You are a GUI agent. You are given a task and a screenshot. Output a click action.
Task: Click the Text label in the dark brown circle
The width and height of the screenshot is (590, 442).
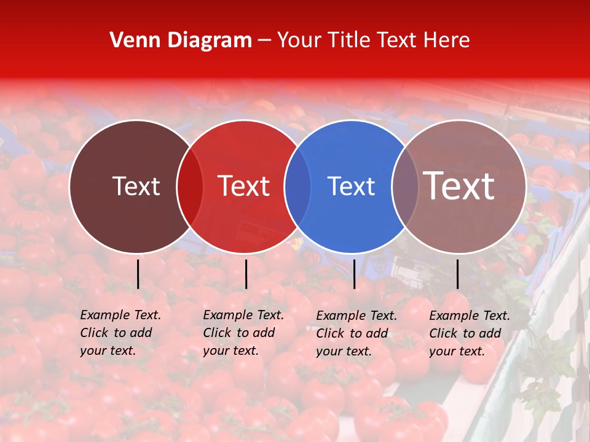pyautogui.click(x=136, y=186)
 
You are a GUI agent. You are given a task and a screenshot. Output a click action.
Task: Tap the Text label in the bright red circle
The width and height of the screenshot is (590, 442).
pyautogui.click(x=244, y=186)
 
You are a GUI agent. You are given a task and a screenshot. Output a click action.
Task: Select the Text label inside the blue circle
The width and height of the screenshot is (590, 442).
pyautogui.click(x=351, y=186)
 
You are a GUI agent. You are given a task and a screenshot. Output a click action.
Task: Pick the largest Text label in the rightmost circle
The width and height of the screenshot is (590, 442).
pyautogui.click(x=459, y=186)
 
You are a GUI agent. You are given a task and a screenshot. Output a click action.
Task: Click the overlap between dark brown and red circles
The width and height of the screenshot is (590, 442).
pyautogui.click(x=190, y=187)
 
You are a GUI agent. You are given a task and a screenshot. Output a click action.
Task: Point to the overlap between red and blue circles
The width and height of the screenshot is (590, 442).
pyautogui.click(x=297, y=187)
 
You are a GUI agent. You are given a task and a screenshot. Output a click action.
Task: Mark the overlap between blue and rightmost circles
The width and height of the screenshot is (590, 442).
pyautogui.click(x=405, y=187)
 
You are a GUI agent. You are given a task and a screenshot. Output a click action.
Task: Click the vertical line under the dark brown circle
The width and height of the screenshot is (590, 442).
pyautogui.click(x=138, y=274)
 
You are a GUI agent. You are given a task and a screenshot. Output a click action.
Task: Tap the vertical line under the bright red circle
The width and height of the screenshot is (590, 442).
pyautogui.click(x=246, y=274)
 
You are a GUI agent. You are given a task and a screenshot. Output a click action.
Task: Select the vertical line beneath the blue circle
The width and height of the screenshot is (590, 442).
pyautogui.click(x=354, y=274)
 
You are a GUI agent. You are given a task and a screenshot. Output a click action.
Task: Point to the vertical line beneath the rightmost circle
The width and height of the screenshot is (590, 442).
pyautogui.click(x=457, y=274)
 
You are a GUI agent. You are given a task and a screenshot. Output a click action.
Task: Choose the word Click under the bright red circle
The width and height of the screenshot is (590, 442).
pyautogui.click(x=217, y=333)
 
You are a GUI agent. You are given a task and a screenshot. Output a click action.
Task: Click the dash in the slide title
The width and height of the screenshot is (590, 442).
pyautogui.click(x=264, y=41)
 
